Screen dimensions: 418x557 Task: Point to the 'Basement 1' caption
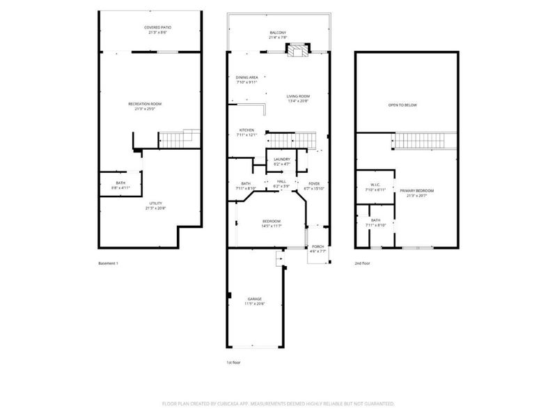click(x=109, y=263)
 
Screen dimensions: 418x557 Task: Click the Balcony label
click(x=278, y=33)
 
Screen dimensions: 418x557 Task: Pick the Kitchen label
click(x=247, y=132)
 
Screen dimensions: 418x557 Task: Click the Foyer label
click(x=314, y=185)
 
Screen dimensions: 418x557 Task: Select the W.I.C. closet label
click(x=375, y=187)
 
